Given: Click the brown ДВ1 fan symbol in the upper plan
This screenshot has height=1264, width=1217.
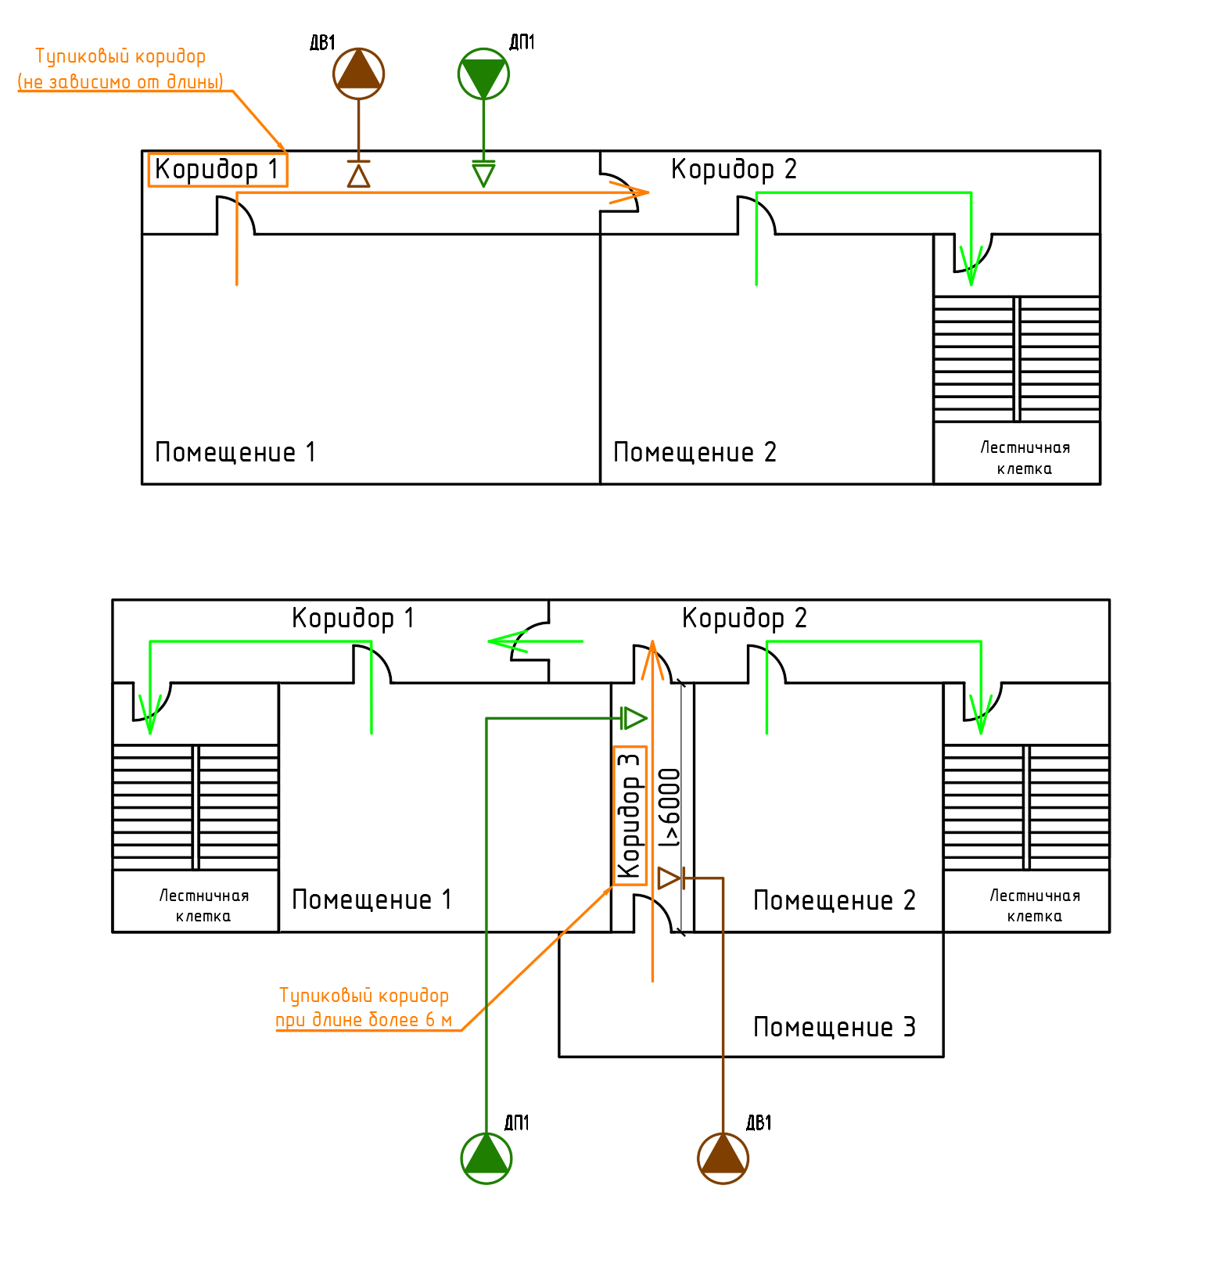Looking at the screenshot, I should [359, 74].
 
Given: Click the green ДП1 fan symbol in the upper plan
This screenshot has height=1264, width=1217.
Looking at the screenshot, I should [483, 74].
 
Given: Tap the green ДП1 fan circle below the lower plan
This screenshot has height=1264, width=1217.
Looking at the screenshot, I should [486, 1158].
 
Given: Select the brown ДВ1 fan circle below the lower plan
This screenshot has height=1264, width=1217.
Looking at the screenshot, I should [723, 1158].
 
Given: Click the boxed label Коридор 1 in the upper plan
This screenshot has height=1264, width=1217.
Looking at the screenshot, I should [217, 170].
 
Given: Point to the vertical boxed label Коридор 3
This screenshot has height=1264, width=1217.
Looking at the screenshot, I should [630, 815].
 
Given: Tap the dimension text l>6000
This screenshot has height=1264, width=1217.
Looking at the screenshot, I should [670, 808].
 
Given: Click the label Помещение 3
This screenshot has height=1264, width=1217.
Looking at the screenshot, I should [834, 1027].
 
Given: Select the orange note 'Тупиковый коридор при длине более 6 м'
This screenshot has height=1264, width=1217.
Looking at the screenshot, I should [364, 1007].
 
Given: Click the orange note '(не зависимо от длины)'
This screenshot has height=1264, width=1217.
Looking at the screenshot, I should [120, 81].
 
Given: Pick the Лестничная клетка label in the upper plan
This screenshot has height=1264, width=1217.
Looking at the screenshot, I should [1025, 458].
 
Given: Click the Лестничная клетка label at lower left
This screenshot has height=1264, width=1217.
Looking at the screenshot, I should [203, 906].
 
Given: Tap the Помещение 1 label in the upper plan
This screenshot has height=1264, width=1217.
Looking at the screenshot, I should [235, 452].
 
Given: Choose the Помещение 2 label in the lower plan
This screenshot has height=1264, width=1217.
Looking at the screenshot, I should [834, 900].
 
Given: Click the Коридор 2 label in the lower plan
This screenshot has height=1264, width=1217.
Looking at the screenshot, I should [744, 618].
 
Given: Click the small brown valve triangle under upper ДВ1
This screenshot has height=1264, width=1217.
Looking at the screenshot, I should [359, 176].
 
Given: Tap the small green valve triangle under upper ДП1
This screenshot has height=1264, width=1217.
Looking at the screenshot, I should [483, 174].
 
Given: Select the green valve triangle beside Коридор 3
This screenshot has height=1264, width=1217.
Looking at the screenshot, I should [634, 717].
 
